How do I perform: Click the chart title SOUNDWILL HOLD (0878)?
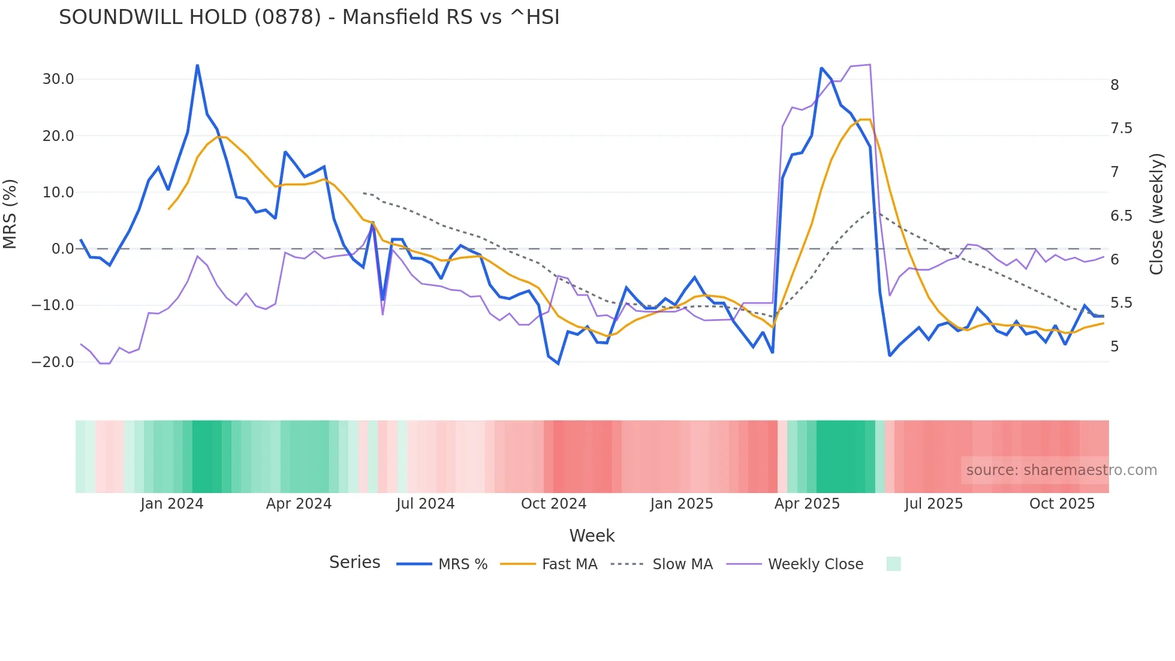[x=309, y=17]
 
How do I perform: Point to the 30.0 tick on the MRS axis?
[x=58, y=79]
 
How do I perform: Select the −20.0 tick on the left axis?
[x=53, y=362]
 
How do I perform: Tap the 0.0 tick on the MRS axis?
[x=63, y=249]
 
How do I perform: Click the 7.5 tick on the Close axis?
[x=1121, y=128]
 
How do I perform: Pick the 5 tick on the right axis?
[x=1114, y=347]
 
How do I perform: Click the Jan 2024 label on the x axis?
[x=172, y=504]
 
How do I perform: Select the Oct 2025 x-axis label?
[x=1062, y=504]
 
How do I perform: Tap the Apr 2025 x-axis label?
[x=807, y=504]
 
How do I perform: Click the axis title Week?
[x=592, y=536]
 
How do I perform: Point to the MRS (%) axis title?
[x=10, y=214]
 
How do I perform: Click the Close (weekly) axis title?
[x=1156, y=214]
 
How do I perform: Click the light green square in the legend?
[x=893, y=564]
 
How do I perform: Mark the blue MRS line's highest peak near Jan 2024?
[x=197, y=65]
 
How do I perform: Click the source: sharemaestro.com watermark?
[x=1061, y=470]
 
